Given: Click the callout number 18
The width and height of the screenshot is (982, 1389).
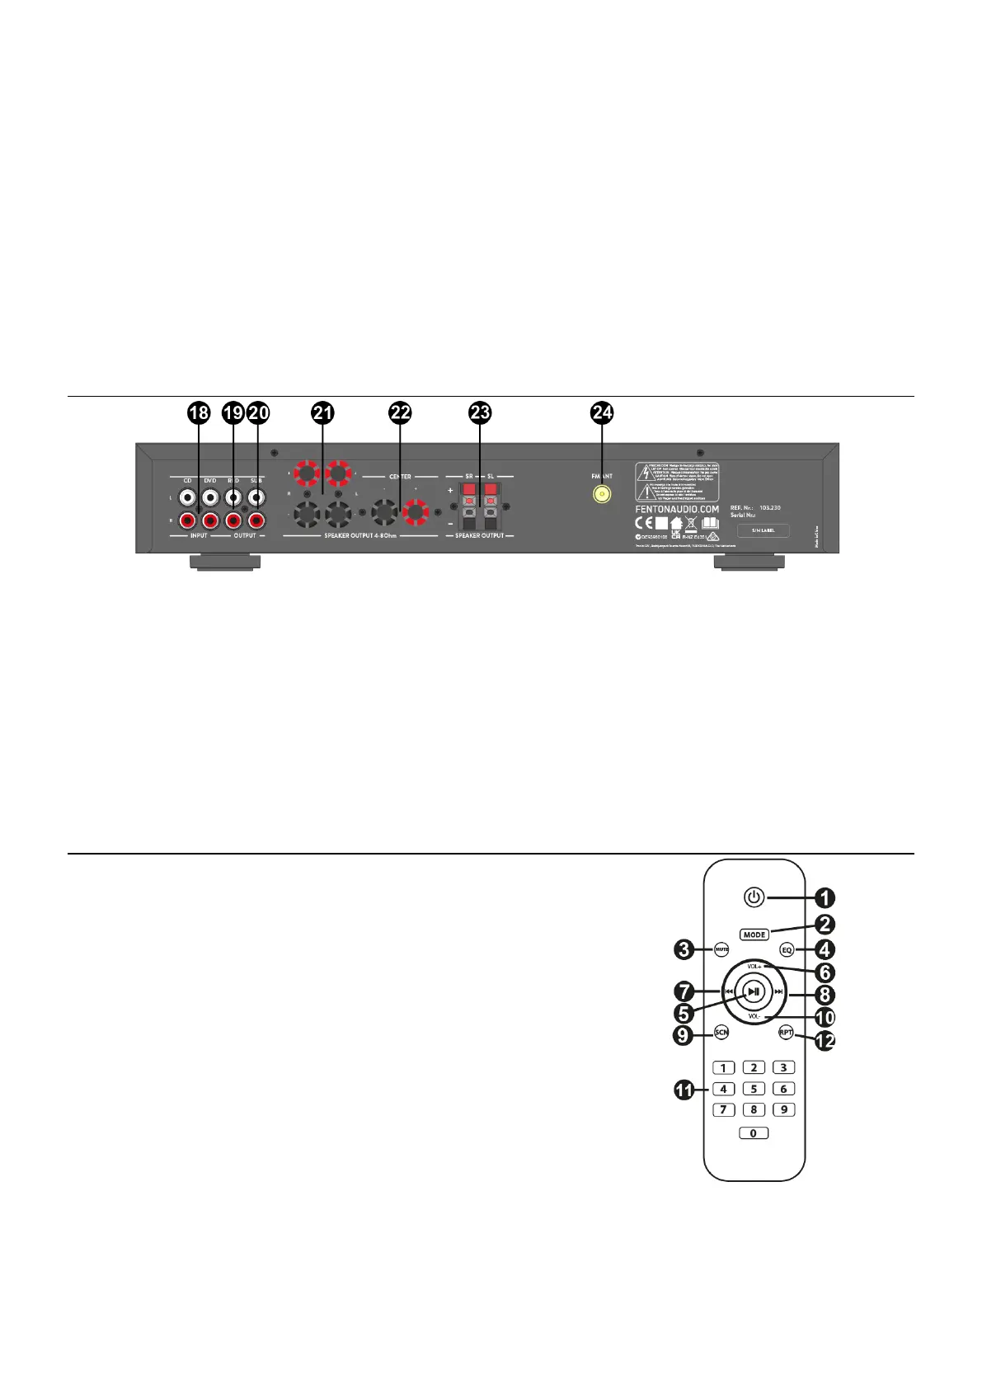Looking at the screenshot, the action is [x=199, y=412].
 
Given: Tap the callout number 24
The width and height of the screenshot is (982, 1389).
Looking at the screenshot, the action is [x=603, y=412].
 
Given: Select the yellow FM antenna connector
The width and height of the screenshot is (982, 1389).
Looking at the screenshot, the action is [x=602, y=495].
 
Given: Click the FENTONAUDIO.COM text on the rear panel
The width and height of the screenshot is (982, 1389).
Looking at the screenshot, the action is [x=677, y=509].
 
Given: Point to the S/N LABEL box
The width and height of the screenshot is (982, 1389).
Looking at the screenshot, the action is [x=763, y=530].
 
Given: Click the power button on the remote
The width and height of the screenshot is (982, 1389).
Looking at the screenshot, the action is [x=754, y=897].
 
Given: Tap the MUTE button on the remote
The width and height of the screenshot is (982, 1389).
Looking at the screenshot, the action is [x=721, y=949].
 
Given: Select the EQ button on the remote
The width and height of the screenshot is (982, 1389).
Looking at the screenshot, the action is [x=787, y=949].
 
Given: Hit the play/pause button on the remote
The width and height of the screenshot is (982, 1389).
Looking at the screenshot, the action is [x=754, y=991].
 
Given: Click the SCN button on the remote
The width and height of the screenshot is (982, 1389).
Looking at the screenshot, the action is [x=721, y=1033].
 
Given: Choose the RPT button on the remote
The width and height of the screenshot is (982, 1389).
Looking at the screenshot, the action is [x=786, y=1033].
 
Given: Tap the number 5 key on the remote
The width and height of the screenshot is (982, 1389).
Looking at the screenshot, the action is [x=754, y=1089].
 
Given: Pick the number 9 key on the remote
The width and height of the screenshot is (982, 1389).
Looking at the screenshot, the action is [x=783, y=1109].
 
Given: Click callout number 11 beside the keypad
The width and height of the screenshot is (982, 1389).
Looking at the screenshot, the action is [x=684, y=1090].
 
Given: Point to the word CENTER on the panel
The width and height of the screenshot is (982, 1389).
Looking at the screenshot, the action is [x=400, y=477].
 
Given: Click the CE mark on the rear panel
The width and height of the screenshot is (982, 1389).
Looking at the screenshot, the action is [x=644, y=523].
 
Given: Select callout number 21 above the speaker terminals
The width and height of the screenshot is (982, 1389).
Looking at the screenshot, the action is [x=322, y=412].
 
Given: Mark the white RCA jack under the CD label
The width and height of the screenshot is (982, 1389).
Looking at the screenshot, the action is [x=188, y=497].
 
